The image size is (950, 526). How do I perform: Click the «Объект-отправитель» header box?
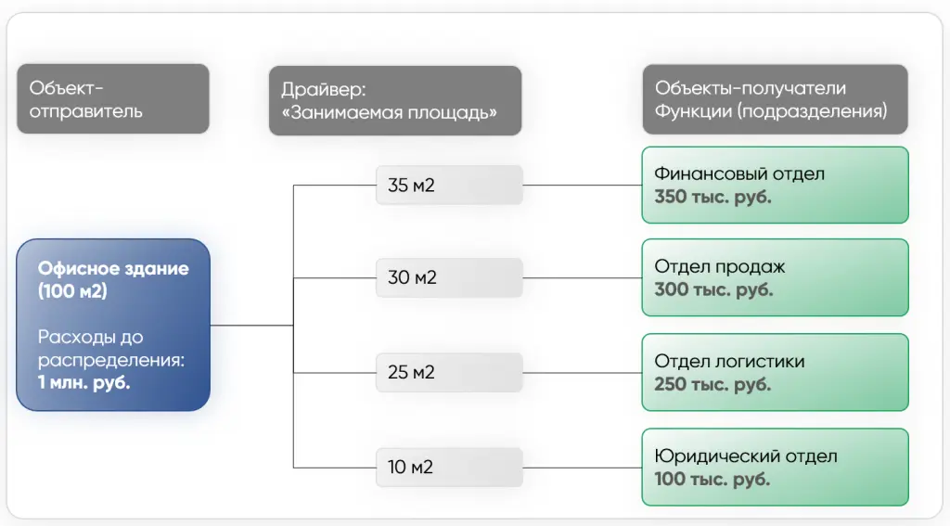[x=113, y=98]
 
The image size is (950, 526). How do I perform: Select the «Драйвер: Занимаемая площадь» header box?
[x=395, y=100]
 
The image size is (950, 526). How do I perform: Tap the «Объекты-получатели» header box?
[x=775, y=99]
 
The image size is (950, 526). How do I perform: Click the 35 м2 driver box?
[x=449, y=185]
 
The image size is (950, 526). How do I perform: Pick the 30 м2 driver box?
[x=449, y=277]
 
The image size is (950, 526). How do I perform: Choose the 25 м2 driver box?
[x=449, y=372]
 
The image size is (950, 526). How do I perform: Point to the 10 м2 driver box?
[x=449, y=468]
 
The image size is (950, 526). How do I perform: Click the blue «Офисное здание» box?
[x=113, y=325]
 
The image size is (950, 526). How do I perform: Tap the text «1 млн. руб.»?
[x=83, y=383]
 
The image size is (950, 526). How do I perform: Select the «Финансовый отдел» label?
[x=739, y=173]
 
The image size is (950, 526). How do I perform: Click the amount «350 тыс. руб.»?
[x=712, y=197]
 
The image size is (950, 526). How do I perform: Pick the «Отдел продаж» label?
[x=720, y=266]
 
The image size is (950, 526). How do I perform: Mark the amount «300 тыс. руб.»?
[x=713, y=289]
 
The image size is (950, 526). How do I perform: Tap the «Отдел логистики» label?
[x=729, y=361]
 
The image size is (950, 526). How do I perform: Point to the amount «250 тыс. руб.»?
[x=712, y=384]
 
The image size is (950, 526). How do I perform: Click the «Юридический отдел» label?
[x=746, y=455]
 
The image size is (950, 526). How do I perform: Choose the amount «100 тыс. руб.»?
[x=712, y=480]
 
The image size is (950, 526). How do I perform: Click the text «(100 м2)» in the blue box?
[x=72, y=291]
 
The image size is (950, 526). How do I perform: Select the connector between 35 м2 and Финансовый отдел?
[x=583, y=185]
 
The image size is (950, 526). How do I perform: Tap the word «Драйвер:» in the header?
[x=324, y=90]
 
